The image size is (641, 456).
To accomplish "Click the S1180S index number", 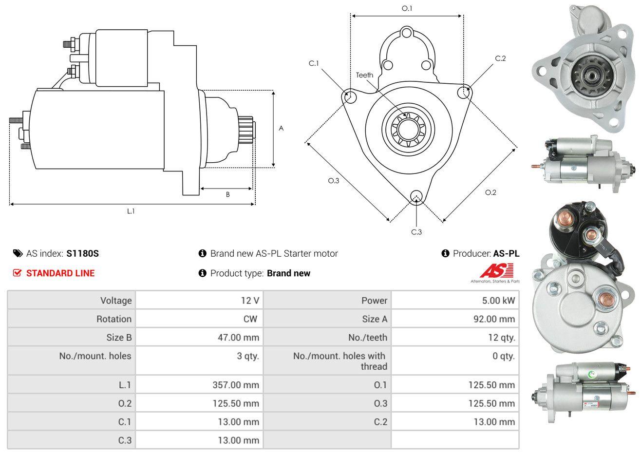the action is tap(82, 254).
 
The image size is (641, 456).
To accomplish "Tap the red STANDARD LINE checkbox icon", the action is tap(17, 273).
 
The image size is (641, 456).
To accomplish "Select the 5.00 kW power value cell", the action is tap(455, 300).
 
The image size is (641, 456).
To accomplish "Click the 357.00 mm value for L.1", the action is tap(236, 385).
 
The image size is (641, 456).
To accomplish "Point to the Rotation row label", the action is tap(114, 319).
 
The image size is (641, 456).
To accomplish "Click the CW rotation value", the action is tap(250, 319).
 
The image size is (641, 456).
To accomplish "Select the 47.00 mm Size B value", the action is tap(238, 337).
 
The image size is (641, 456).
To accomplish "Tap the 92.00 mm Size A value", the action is tap(494, 319).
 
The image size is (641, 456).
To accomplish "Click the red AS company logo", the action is tap(496, 270).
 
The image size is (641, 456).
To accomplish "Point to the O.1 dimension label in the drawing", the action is tap(407, 9).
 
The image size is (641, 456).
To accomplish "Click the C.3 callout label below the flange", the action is tap(416, 232).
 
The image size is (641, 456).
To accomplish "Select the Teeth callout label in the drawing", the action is tap(364, 75).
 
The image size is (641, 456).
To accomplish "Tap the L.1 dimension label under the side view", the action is tap(131, 211).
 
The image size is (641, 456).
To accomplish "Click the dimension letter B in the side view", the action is tap(228, 195).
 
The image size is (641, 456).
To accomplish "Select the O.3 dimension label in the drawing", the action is tap(333, 181).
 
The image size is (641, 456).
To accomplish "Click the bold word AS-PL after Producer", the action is tap(506, 254).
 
